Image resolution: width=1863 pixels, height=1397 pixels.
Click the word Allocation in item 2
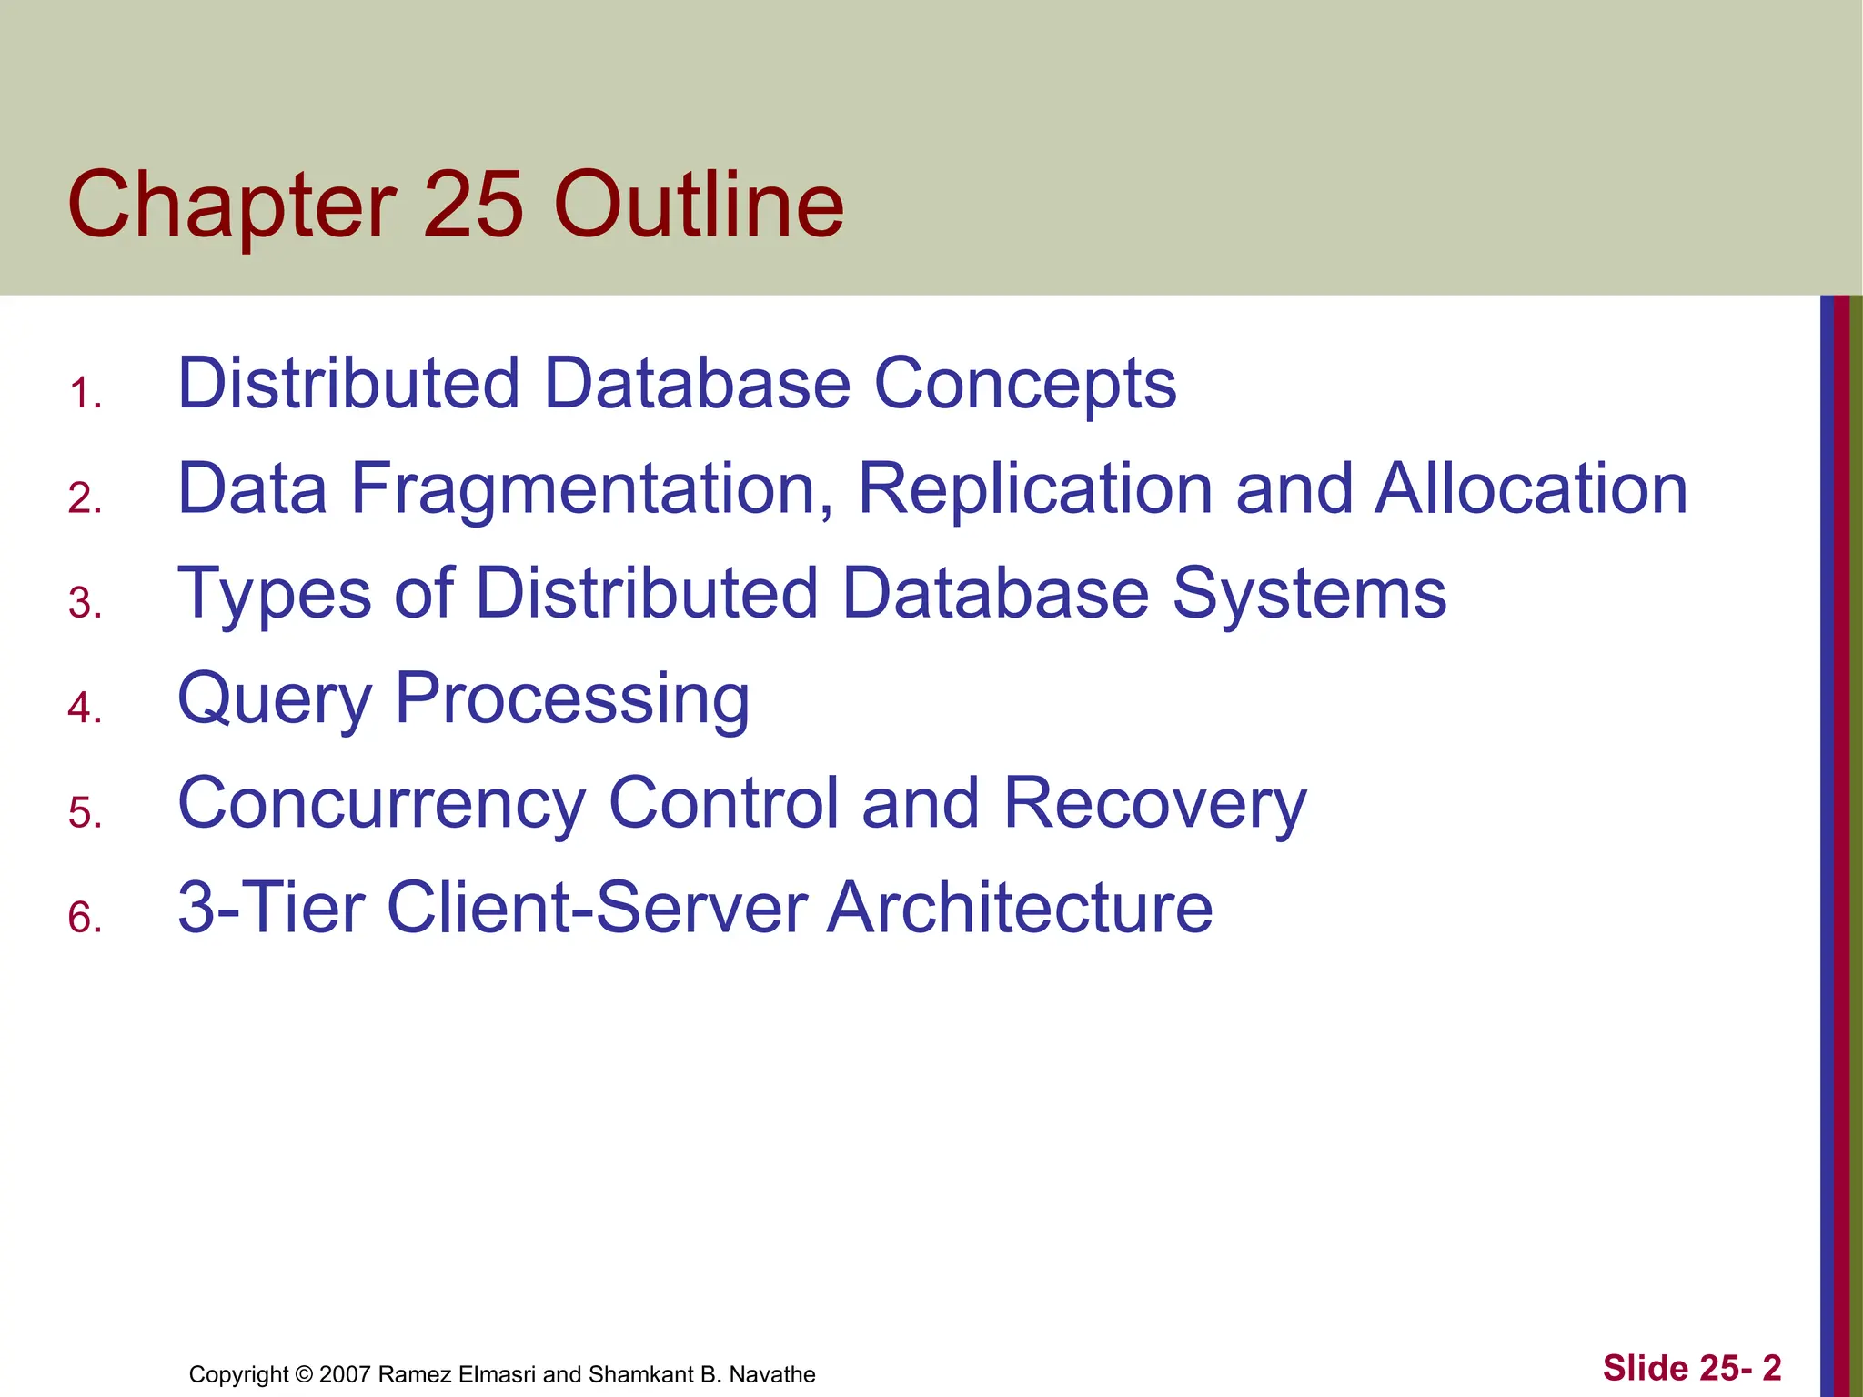point(1531,489)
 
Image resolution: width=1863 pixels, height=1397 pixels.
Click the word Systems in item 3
point(1309,594)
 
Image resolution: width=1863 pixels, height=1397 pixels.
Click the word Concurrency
point(382,804)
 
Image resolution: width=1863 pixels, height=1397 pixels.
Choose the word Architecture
point(1019,908)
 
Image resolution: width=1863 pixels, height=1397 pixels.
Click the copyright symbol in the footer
point(304,1374)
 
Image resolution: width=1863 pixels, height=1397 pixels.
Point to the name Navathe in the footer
point(771,1374)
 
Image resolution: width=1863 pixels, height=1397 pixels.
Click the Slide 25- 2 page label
point(1691,1368)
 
